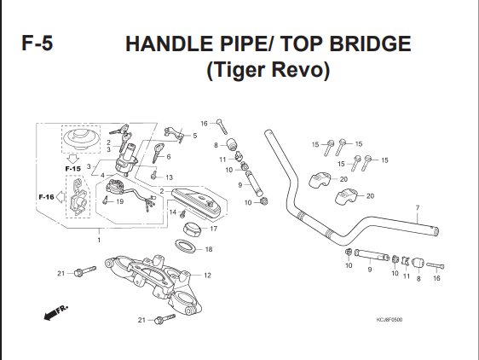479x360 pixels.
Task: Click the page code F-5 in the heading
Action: coord(38,44)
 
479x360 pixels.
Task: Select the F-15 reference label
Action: coord(73,169)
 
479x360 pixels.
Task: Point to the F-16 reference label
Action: coord(46,197)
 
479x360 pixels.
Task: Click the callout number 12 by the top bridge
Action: coord(207,276)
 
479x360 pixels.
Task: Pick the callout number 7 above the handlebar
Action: coord(418,208)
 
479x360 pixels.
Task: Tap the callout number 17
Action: coord(214,229)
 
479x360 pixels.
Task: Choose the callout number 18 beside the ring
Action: coord(209,249)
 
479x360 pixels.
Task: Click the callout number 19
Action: coord(119,201)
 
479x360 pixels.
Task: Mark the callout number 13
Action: coord(169,177)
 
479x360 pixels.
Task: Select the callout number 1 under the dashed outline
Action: coord(99,240)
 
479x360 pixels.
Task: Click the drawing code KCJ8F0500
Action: coord(390,320)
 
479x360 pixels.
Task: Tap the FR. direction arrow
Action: coord(56,312)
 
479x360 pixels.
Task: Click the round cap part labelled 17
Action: coord(192,229)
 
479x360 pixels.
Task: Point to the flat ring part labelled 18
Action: coord(185,247)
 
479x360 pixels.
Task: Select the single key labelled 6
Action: coord(159,153)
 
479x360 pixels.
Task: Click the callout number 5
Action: coord(195,136)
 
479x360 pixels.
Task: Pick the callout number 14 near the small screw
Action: coord(173,212)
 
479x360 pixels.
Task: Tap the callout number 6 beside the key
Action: coord(169,157)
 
